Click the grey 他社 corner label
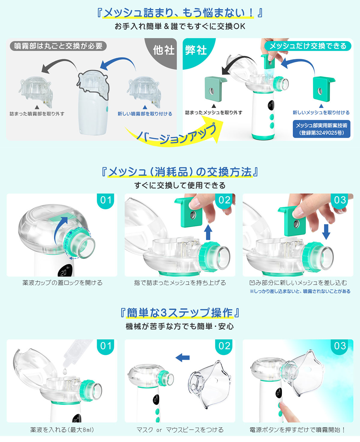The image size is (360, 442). (x=164, y=50)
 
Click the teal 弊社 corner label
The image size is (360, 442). (x=196, y=50)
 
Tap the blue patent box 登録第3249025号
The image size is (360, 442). (x=321, y=129)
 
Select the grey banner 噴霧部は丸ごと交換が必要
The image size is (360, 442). (x=58, y=46)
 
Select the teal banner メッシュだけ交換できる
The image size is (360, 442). (x=307, y=46)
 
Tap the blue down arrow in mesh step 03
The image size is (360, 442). (x=326, y=232)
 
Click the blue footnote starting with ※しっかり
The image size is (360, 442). (x=300, y=291)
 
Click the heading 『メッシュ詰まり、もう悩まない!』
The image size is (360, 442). (x=180, y=13)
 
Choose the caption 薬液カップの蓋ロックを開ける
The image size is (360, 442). (x=62, y=283)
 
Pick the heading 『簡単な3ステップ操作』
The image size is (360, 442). (x=180, y=313)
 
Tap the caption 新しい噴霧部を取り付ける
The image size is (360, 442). (x=145, y=114)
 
